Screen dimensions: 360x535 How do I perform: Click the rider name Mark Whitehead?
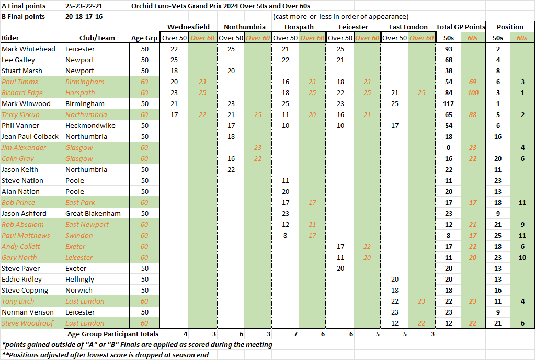coord(28,49)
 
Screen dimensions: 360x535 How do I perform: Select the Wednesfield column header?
coord(188,27)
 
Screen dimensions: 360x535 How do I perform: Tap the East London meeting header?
coord(408,27)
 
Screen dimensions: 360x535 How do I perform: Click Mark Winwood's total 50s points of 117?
coord(448,103)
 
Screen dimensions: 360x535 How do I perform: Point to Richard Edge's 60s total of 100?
coord(473,92)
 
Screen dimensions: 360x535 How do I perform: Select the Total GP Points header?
coord(461,27)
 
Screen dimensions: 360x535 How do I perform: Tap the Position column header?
coord(510,27)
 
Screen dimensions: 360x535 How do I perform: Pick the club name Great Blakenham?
coord(93,213)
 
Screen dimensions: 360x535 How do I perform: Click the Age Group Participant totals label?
coord(112,334)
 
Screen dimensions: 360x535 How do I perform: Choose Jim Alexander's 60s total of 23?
coord(473,147)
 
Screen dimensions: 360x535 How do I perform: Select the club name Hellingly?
coord(79,279)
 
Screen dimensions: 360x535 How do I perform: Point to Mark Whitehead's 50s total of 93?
coord(448,49)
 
